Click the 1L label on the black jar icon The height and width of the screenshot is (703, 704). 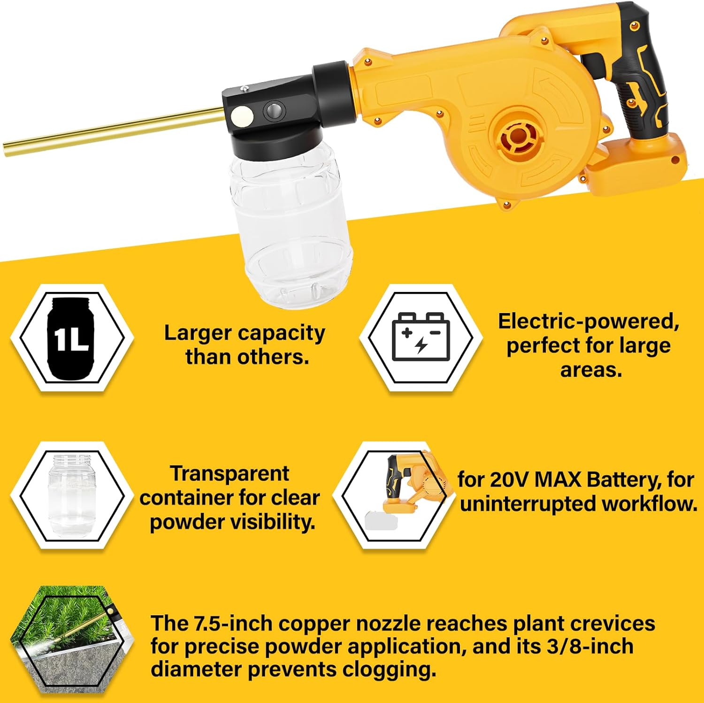point(71,339)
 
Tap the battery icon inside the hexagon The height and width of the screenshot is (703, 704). point(421,337)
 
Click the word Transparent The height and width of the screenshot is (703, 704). point(230,474)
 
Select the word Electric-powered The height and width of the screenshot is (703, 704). point(588,321)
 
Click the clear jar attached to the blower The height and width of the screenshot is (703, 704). point(291,230)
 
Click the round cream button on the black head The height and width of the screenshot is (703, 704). point(242,115)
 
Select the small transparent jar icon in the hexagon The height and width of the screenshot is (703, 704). point(72,495)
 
